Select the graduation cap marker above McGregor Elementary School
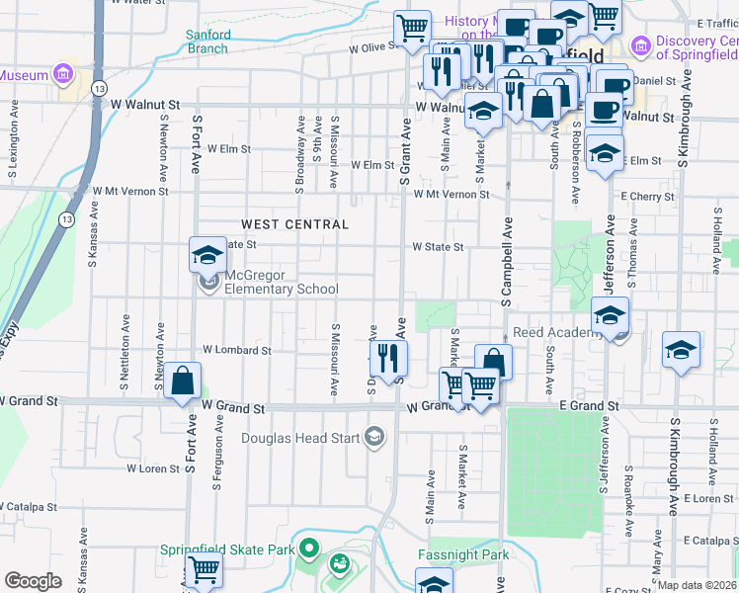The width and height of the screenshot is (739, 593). (x=208, y=256)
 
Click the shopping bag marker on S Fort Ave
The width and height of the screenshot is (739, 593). (x=183, y=381)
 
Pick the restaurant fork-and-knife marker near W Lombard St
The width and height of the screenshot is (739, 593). (x=387, y=358)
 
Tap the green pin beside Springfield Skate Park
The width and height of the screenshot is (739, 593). (x=308, y=548)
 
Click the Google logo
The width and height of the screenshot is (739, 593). (x=33, y=580)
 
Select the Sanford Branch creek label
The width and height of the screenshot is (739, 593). (x=208, y=41)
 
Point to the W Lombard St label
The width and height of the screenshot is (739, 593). (x=237, y=350)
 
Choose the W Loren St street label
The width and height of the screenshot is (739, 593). (x=152, y=468)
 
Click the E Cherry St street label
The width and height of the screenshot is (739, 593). (x=647, y=197)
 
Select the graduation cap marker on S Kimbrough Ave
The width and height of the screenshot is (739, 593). (x=681, y=352)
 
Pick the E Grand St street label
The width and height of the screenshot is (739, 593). (x=589, y=406)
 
